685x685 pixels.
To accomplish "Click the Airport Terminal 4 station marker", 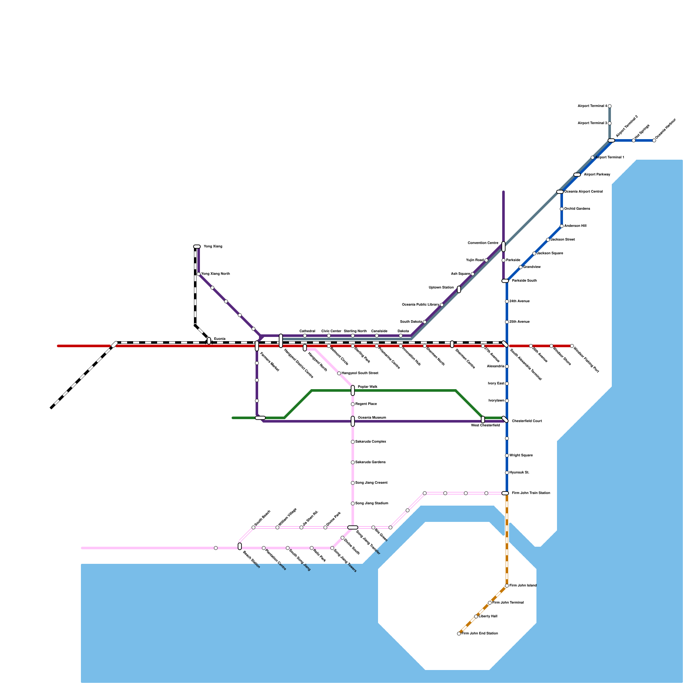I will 610,106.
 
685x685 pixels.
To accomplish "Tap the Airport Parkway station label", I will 597,175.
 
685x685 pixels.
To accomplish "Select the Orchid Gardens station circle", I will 562,209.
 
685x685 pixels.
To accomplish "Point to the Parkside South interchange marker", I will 505,281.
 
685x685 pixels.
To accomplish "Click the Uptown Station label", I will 441,288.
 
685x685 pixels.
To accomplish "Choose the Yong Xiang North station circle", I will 199,274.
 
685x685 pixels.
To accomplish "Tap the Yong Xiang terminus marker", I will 197,247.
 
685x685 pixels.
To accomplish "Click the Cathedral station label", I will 307,331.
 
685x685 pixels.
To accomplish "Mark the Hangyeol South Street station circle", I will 339,373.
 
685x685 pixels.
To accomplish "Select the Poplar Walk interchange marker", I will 353,390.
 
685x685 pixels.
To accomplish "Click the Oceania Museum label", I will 372,418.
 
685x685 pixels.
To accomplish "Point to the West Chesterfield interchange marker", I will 483,420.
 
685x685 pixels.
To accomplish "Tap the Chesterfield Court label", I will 527,421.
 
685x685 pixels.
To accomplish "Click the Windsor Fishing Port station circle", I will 572,346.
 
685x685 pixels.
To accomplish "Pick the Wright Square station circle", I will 507,456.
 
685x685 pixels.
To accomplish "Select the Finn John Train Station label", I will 531,493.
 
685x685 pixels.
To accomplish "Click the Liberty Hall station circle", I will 476,616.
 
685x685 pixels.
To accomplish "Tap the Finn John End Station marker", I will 459,634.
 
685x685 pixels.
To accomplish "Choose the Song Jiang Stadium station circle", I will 353,503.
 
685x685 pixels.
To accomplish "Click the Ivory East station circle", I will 507,384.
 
